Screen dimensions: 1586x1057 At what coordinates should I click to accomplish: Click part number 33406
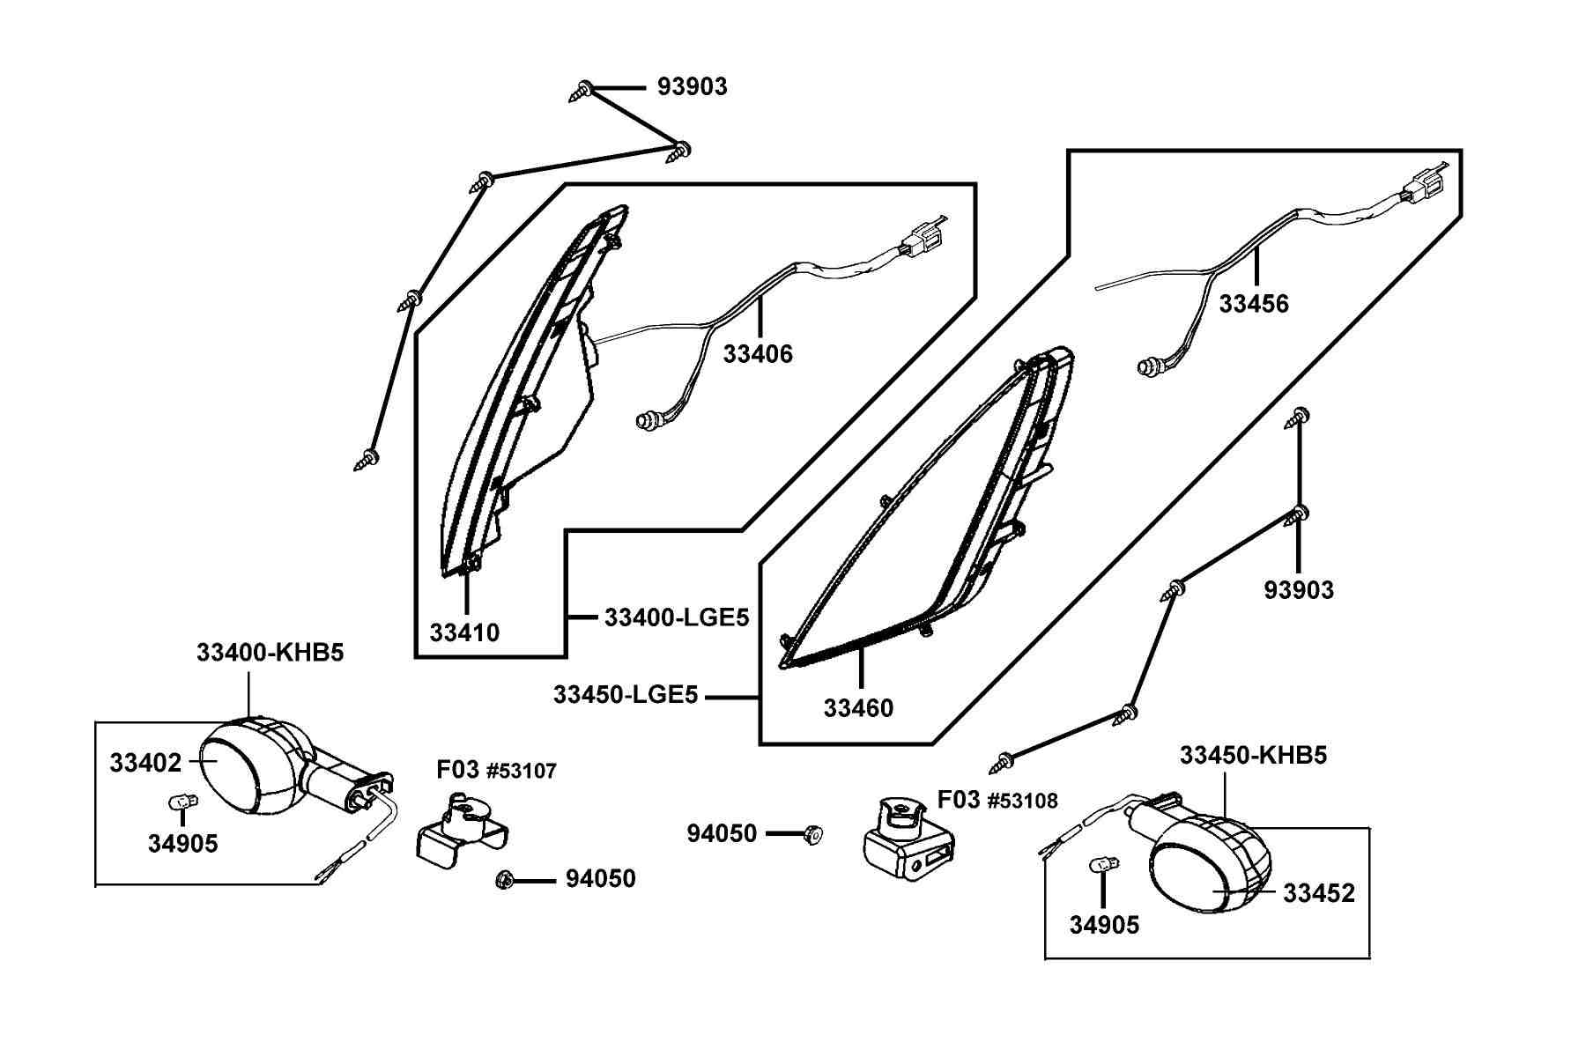[x=758, y=354]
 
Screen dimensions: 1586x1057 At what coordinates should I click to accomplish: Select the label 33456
[x=1254, y=304]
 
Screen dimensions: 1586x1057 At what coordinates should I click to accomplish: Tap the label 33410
[x=464, y=632]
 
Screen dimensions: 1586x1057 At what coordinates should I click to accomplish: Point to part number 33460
[x=858, y=708]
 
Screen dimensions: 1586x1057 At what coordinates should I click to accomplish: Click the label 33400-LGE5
[x=677, y=617]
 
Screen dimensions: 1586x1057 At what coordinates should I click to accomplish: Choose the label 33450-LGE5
[x=626, y=695]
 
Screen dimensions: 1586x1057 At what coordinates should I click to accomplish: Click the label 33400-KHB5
[x=270, y=653]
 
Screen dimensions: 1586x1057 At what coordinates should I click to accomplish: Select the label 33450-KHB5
[x=1253, y=755]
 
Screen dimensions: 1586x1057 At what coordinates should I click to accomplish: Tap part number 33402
[x=145, y=763]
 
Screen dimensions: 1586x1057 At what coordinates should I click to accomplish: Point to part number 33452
[x=1319, y=893]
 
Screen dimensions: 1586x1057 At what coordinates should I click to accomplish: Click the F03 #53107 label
[x=497, y=771]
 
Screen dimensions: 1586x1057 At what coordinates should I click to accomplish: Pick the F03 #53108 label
[x=997, y=800]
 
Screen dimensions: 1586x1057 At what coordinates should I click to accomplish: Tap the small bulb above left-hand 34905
[x=182, y=802]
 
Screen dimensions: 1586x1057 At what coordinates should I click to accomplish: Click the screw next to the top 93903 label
[x=584, y=90]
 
